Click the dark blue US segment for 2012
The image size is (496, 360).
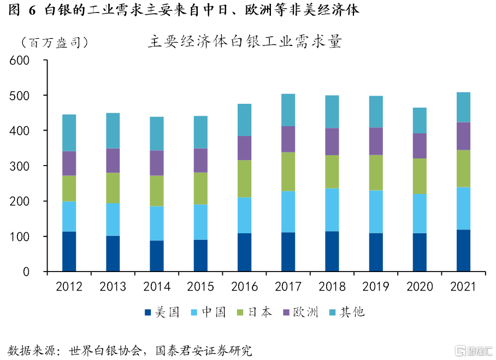pos(69,251)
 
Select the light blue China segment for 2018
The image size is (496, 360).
pos(332,210)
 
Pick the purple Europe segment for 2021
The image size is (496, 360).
pos(463,136)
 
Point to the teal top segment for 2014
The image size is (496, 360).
pos(157,133)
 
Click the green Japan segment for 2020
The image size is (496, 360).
pos(420,176)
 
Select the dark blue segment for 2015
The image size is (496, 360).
pos(200,255)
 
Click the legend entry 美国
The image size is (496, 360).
pos(162,312)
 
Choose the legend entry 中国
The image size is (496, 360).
pos(208,312)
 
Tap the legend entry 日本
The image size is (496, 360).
pos(255,312)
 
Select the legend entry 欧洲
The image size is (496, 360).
pos(301,312)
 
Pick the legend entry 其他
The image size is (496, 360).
pos(347,312)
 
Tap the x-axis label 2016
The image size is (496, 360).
pos(244,287)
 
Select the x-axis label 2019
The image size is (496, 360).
pos(376,287)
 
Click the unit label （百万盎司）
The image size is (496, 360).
pos(53,43)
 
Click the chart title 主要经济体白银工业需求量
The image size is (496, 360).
pos(244,43)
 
